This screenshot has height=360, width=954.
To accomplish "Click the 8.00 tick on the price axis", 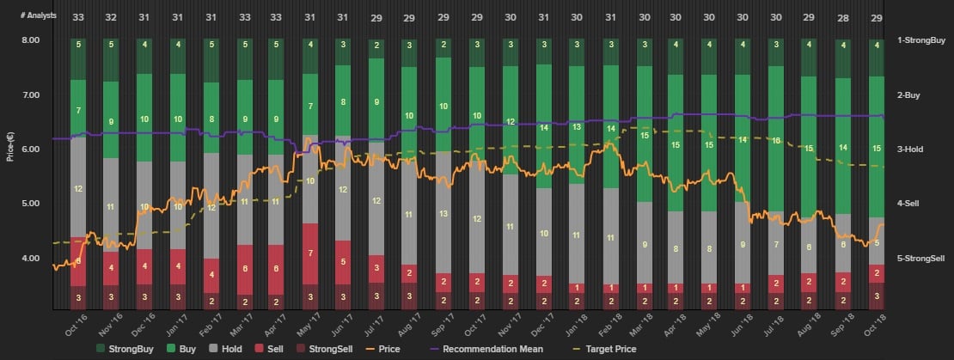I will click(x=30, y=40).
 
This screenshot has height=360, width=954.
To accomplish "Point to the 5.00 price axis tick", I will click(x=30, y=204).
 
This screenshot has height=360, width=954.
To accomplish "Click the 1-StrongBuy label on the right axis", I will click(x=920, y=40).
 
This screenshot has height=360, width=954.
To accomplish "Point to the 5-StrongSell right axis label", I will click(x=921, y=258).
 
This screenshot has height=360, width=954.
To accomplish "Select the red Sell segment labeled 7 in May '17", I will click(x=310, y=253).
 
